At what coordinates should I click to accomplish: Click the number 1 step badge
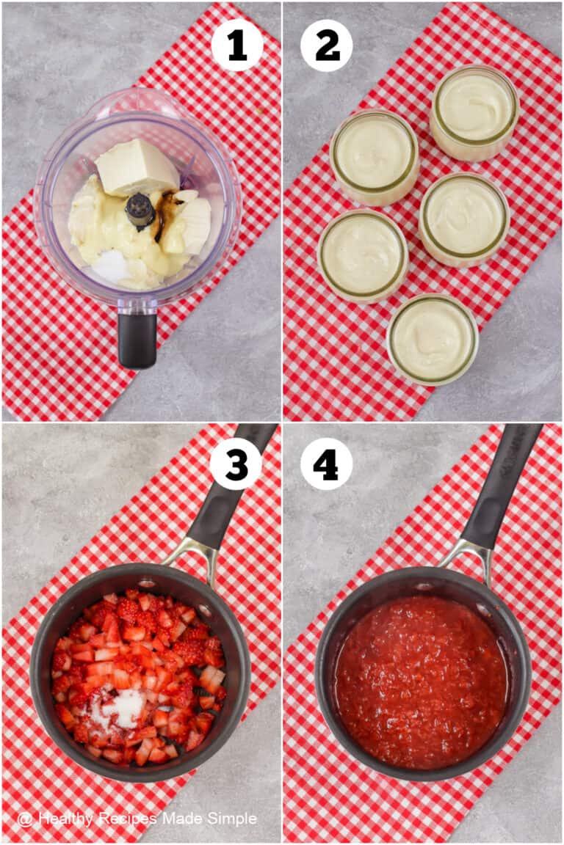[236, 45]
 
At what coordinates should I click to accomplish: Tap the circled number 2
[326, 45]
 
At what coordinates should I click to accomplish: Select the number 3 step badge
[236, 464]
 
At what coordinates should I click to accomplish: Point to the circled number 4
[326, 464]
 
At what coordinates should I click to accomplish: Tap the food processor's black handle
[137, 338]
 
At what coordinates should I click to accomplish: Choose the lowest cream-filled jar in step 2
[433, 339]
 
